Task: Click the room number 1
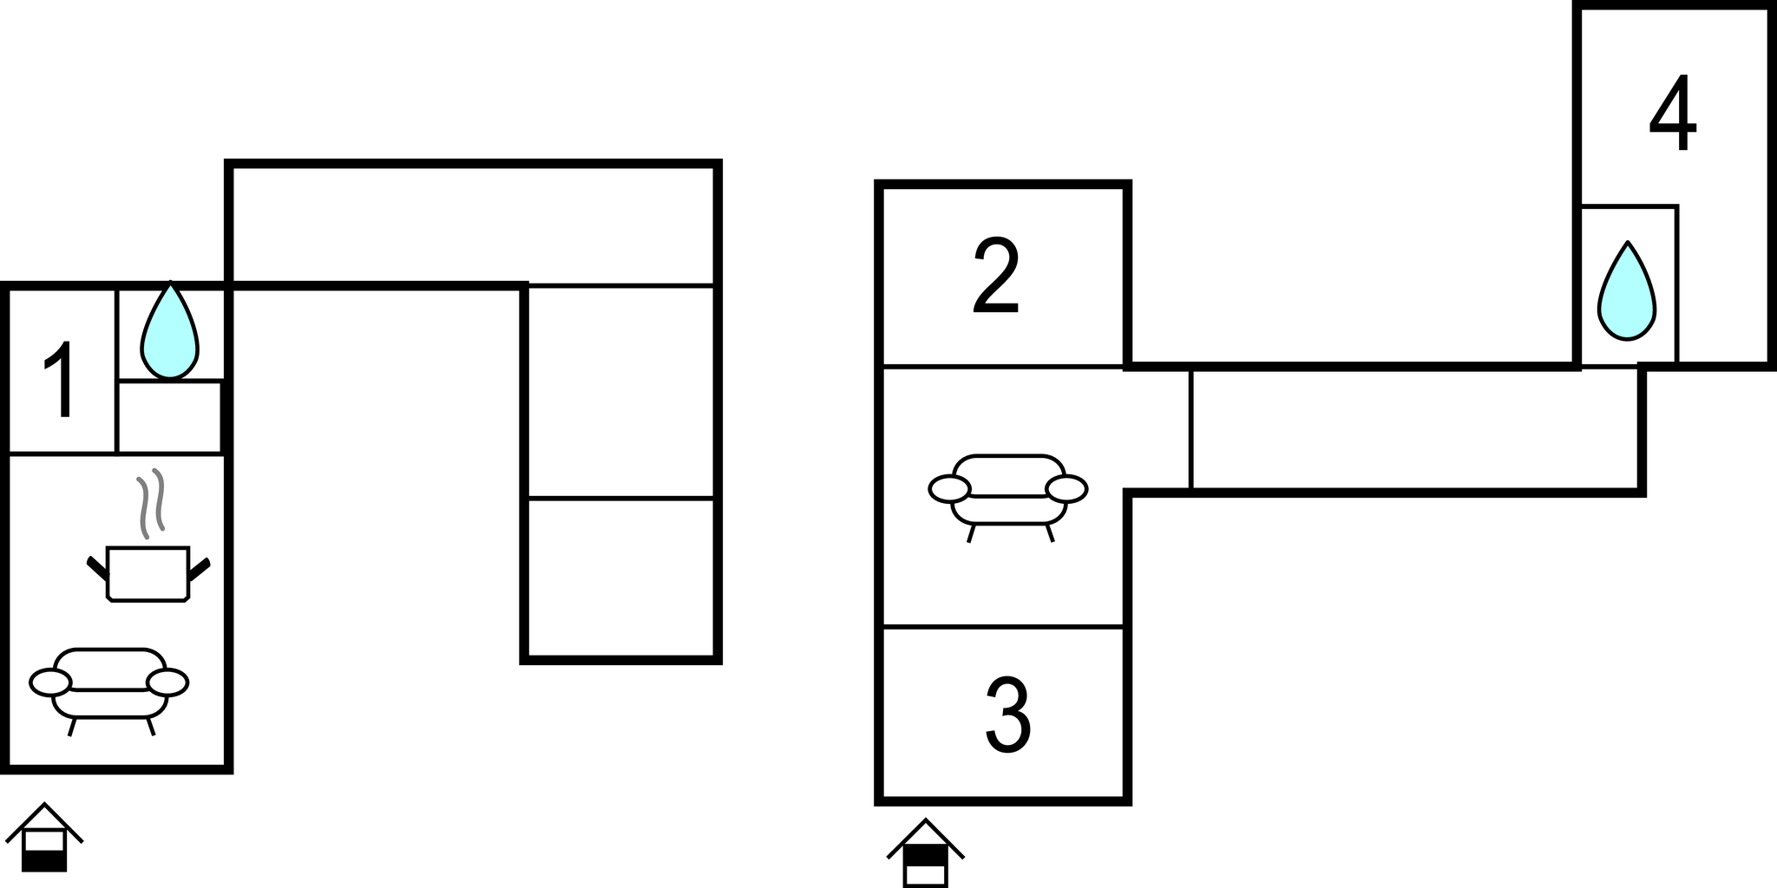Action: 61,379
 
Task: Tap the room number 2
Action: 996,275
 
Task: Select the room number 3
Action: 1008,716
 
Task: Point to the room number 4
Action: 1673,113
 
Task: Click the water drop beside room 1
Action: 170,331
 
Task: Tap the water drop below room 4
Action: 1627,291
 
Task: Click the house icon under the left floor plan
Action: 44,837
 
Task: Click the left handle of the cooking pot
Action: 97,569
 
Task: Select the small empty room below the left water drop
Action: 170,416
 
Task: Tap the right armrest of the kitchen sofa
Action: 167,682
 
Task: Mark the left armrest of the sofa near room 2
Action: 949,489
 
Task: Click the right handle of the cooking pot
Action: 200,569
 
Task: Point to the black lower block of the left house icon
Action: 44,861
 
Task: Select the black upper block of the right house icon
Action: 925,855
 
